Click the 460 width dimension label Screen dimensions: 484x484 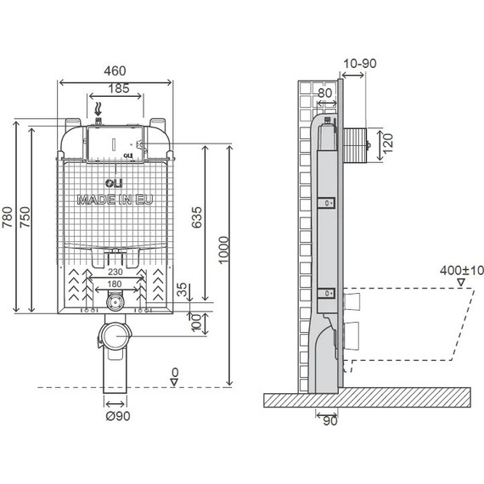(115, 71)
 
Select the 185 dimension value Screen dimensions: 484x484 (119, 88)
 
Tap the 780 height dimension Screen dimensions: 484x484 (8, 217)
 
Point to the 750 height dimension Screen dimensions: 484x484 (25, 217)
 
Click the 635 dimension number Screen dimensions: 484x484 (197, 217)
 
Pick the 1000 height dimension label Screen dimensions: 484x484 (224, 250)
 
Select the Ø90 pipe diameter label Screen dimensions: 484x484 (118, 416)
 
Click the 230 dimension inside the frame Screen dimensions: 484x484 (115, 272)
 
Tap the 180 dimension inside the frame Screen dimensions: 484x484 (115, 284)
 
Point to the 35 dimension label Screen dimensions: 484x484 (183, 290)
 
